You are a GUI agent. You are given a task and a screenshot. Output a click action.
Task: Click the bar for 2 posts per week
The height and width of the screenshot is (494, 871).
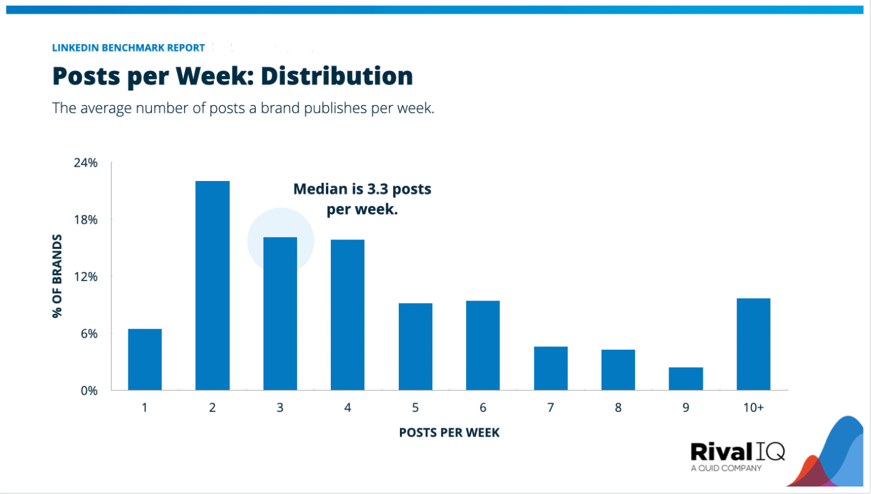click(212, 286)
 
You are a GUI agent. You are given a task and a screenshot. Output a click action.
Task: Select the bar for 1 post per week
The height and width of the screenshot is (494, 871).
click(145, 360)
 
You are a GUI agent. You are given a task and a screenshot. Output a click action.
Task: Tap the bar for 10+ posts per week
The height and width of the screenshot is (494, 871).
click(753, 344)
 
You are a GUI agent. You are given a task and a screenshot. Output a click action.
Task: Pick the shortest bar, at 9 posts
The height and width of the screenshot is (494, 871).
click(685, 379)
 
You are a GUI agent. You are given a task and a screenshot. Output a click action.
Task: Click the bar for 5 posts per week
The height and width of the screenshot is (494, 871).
click(416, 347)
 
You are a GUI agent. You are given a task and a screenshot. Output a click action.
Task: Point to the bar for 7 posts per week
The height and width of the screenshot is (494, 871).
click(551, 368)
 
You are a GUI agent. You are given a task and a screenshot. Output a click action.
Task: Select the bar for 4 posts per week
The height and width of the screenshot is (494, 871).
click(348, 315)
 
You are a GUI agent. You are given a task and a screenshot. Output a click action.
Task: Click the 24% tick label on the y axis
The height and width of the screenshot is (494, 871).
click(86, 163)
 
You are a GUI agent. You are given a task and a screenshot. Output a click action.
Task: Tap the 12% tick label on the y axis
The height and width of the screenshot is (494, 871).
click(86, 277)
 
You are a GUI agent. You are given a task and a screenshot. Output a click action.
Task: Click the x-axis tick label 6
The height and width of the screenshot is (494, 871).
click(483, 408)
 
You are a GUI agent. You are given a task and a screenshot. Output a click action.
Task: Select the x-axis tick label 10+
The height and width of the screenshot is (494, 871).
click(753, 408)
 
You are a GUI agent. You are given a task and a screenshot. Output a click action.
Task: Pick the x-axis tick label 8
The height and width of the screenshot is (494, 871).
click(618, 408)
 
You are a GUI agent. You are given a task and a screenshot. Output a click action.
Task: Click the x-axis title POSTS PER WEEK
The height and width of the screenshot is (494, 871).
click(449, 432)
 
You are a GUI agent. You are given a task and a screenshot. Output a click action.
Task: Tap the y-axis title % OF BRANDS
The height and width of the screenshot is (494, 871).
click(57, 276)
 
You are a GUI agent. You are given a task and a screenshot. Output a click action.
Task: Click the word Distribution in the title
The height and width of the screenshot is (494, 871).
click(336, 77)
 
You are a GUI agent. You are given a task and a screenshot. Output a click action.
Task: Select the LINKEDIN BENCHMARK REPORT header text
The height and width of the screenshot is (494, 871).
click(128, 48)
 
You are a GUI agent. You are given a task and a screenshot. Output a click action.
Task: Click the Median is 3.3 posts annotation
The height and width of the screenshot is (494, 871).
click(362, 189)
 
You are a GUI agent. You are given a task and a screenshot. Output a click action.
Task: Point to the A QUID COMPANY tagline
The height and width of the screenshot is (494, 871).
click(726, 468)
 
